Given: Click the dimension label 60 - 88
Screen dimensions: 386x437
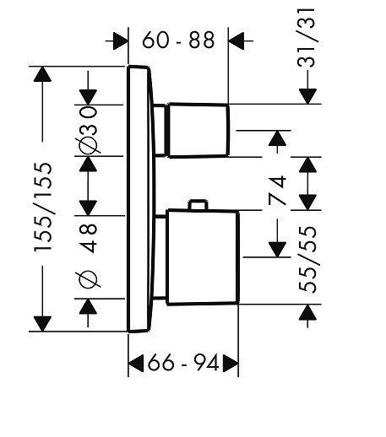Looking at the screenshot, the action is (178, 40).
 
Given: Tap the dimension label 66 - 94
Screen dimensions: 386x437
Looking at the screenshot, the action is (183, 363).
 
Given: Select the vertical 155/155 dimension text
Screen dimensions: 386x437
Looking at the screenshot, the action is (43, 207).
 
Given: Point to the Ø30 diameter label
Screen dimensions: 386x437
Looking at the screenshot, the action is (88, 130).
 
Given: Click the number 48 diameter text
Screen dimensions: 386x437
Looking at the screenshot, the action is (88, 238).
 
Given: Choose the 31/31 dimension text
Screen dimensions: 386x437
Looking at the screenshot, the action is (306, 38).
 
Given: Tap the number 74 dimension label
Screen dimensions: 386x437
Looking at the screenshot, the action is (277, 191).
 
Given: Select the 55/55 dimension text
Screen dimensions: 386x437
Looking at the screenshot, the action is (307, 259).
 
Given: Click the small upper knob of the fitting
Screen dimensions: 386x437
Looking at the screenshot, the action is (198, 130).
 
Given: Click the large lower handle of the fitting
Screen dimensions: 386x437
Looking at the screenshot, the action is (203, 257).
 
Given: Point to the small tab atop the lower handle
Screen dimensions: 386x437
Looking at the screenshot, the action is (198, 204).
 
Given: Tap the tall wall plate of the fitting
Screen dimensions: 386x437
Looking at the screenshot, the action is (139, 199).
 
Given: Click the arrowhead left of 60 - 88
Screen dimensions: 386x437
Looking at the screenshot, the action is (121, 40).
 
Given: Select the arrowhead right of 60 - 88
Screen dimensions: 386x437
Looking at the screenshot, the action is (236, 40).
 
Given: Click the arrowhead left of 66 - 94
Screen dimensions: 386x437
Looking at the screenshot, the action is (136, 363).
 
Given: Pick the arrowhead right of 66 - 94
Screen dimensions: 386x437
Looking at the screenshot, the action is (231, 363).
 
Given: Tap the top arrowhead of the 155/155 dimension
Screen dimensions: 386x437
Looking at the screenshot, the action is (42, 74).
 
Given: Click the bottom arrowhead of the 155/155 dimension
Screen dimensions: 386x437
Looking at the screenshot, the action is (42, 324).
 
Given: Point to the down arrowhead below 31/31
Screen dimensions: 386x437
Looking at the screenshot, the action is (307, 96).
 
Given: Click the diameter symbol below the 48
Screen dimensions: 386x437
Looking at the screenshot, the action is (88, 279).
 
